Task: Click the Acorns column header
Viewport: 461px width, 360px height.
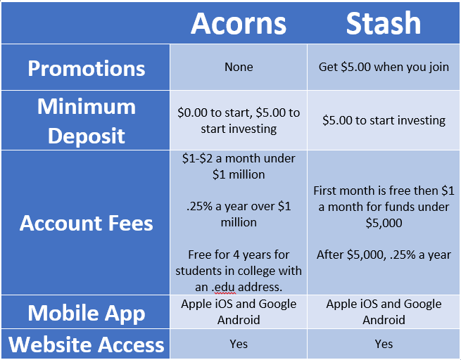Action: point(239,23)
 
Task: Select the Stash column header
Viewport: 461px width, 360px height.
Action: point(384,23)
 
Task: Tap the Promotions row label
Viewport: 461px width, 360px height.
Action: point(87,68)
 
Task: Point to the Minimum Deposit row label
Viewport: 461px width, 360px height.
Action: point(87,121)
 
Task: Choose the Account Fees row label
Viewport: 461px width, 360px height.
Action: point(87,223)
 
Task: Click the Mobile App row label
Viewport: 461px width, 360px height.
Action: point(87,314)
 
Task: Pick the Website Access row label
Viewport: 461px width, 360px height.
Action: point(87,345)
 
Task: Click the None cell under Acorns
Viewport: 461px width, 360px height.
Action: point(239,67)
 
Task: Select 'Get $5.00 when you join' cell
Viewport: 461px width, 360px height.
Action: point(384,67)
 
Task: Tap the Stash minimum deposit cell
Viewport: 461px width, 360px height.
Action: point(384,121)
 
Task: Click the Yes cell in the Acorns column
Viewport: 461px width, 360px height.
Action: point(239,344)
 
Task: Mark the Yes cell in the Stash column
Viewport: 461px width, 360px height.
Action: point(384,344)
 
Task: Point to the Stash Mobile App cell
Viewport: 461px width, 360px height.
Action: point(384,311)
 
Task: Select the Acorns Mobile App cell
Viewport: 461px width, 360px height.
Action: point(239,311)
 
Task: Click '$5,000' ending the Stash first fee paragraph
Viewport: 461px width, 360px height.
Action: point(384,223)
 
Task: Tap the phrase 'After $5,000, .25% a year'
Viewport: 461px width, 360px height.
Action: point(384,255)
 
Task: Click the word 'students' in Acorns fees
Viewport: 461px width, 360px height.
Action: point(198,271)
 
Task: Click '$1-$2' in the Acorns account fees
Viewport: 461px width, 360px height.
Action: point(197,159)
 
